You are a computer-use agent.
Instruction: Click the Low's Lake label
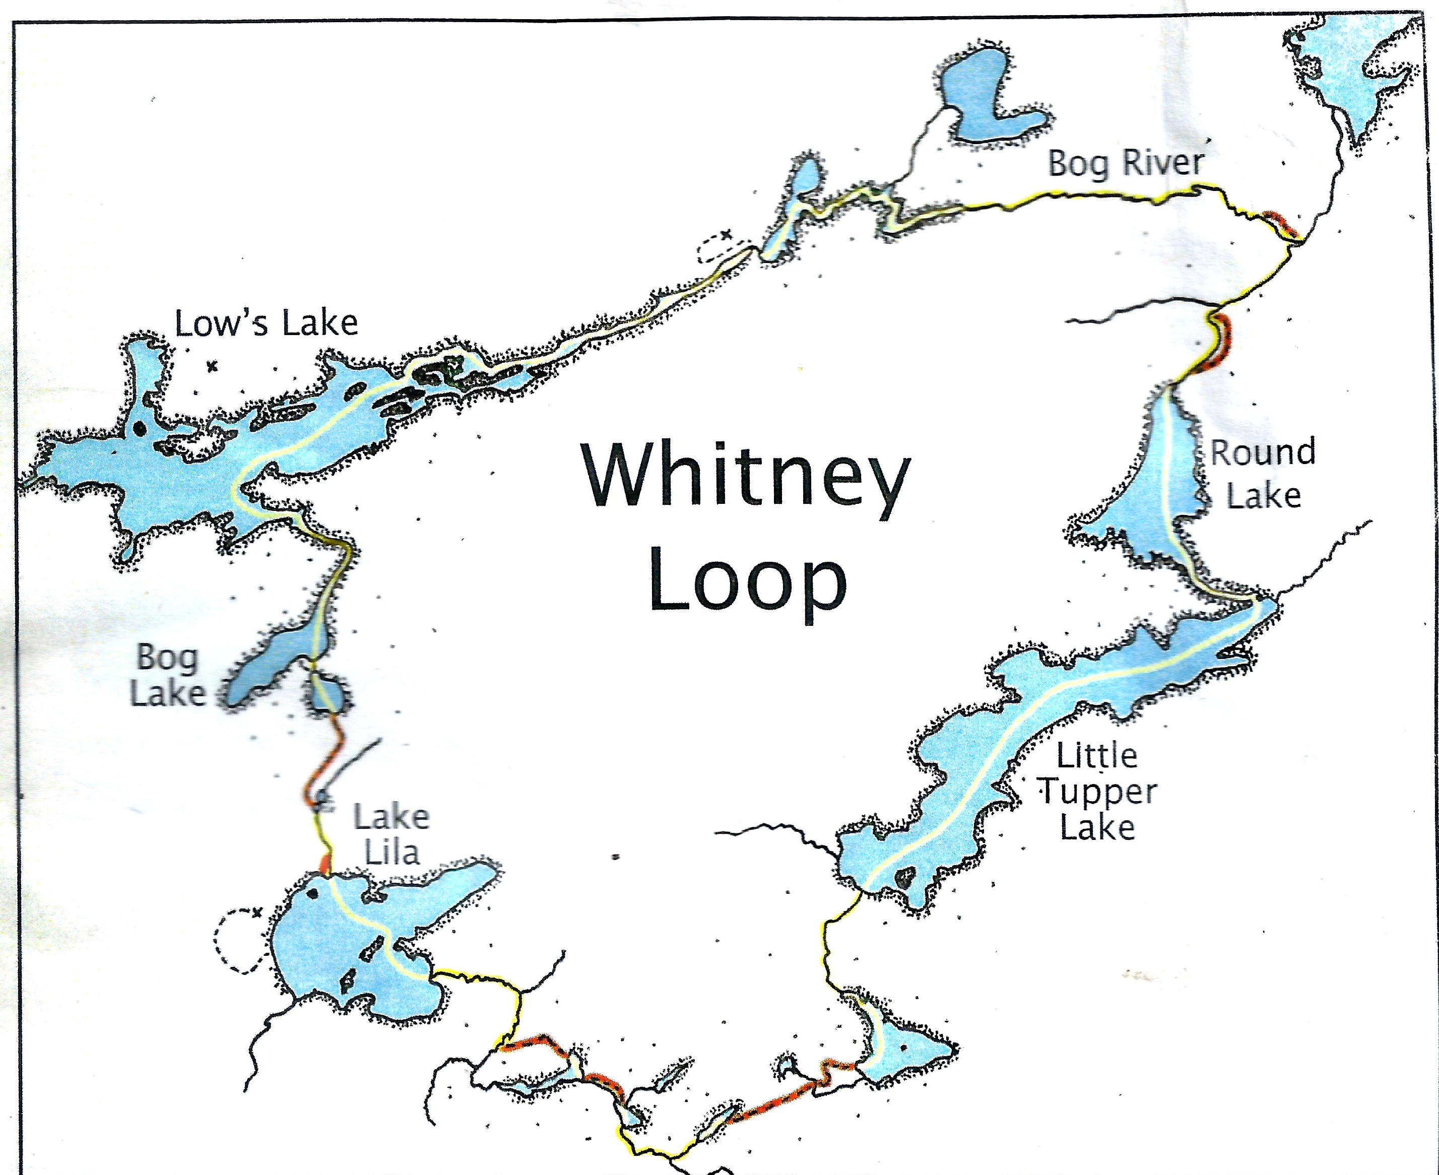tap(267, 323)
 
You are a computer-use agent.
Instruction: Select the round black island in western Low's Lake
tap(140, 428)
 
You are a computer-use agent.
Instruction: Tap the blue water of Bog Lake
tap(271, 663)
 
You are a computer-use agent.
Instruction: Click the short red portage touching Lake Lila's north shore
tap(325, 864)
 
